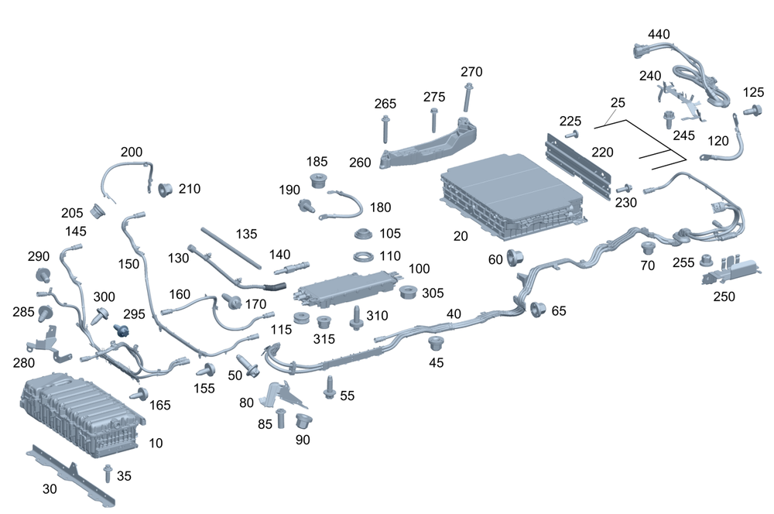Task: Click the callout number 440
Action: click(x=659, y=34)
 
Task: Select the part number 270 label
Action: click(x=471, y=72)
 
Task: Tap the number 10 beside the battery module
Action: click(x=156, y=444)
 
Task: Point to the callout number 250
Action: click(x=724, y=296)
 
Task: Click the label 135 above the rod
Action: click(x=246, y=235)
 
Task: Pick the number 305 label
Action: click(x=433, y=293)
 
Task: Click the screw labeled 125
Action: click(x=748, y=111)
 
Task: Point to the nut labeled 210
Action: click(x=165, y=190)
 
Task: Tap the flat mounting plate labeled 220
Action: click(x=580, y=163)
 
